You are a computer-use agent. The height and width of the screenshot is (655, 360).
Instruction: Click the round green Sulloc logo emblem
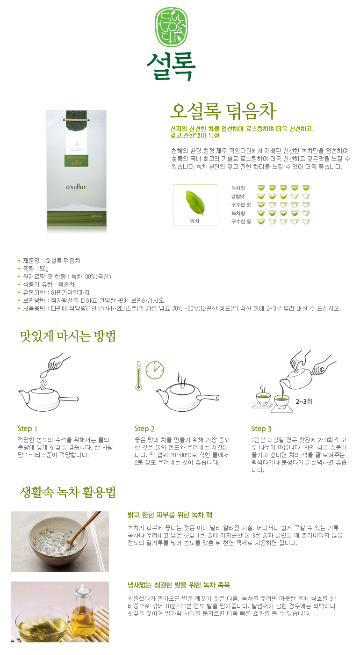(171, 27)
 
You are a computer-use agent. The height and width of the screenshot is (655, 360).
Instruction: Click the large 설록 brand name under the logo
(171, 66)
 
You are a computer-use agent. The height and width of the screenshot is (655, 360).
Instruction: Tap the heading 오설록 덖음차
(223, 111)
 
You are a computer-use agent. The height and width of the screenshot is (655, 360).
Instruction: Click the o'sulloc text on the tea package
(76, 187)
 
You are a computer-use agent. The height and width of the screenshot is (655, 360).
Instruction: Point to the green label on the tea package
(76, 161)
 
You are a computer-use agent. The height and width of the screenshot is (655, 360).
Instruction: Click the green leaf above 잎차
(195, 202)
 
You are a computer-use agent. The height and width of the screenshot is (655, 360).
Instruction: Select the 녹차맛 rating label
(238, 188)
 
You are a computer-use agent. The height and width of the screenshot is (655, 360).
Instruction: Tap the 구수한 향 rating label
(241, 222)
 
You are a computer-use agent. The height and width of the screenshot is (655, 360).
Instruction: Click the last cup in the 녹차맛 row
(306, 188)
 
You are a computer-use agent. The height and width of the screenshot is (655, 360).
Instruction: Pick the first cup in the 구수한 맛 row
(261, 205)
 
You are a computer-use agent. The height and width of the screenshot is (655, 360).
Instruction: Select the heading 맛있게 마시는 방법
(68, 336)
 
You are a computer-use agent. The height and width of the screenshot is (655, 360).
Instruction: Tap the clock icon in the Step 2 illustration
(155, 371)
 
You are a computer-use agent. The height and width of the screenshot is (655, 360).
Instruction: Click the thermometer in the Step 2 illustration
(138, 376)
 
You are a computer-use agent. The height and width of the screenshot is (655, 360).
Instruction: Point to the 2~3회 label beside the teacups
(304, 401)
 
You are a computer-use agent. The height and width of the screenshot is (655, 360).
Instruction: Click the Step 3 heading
(261, 429)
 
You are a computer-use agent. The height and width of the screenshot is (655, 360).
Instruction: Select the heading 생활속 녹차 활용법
(68, 492)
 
